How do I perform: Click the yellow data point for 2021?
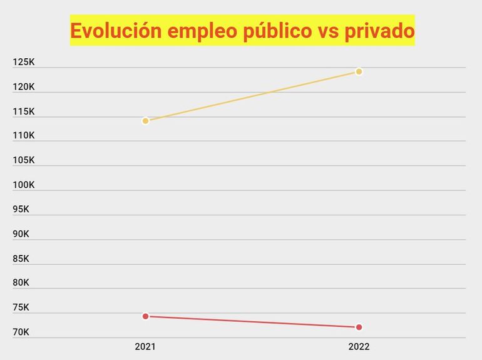pyautogui.click(x=145, y=120)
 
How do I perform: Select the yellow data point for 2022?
pyautogui.click(x=359, y=71)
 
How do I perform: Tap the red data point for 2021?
pyautogui.click(x=145, y=316)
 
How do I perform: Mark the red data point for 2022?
pyautogui.click(x=359, y=327)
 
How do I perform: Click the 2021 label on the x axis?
pyautogui.click(x=145, y=346)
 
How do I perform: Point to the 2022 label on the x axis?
pyautogui.click(x=359, y=346)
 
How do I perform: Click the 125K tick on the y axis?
pyautogui.click(x=24, y=62)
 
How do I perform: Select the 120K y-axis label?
pyautogui.click(x=24, y=86)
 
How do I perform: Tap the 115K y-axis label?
pyautogui.click(x=24, y=111)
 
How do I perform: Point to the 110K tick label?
pyautogui.click(x=24, y=135)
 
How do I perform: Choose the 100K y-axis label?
pyautogui.click(x=24, y=185)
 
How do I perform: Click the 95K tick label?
pyautogui.click(x=21, y=209)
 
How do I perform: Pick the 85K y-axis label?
pyautogui.click(x=21, y=258)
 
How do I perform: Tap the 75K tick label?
pyautogui.click(x=21, y=307)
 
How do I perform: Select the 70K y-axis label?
pyautogui.click(x=21, y=332)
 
